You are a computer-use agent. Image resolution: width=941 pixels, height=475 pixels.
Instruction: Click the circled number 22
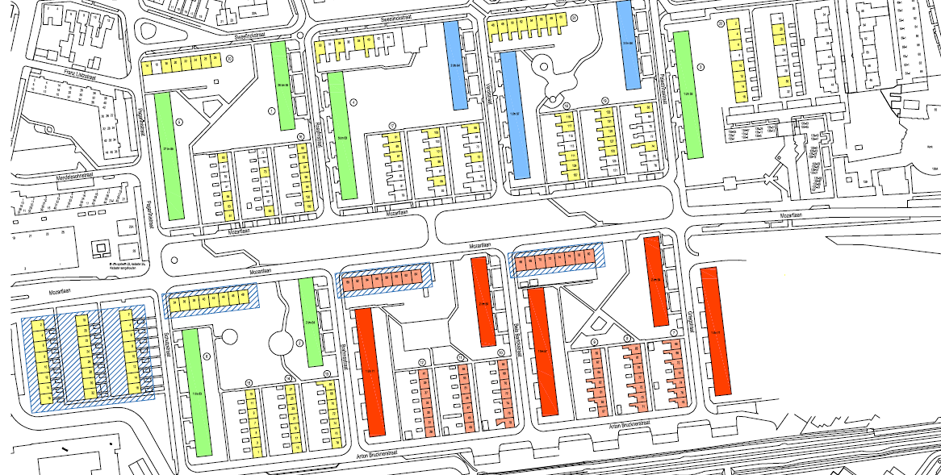point(721,23)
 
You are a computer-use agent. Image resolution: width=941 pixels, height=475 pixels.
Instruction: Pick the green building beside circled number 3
point(690,94)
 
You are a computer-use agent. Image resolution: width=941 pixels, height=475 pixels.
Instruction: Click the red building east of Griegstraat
point(715,330)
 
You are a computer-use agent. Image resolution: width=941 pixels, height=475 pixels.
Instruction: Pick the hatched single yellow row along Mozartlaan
point(211,302)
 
